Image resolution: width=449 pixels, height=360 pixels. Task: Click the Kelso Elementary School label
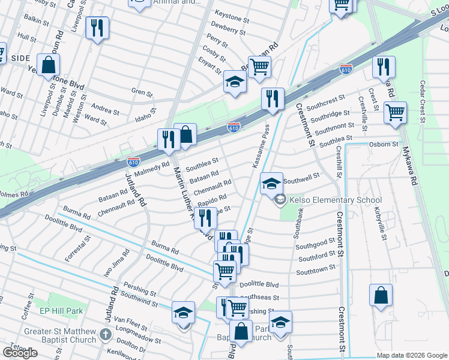click(x=336, y=200)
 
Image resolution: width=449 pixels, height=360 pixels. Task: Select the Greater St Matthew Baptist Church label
click(x=60, y=335)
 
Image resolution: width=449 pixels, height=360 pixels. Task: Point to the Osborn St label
click(x=384, y=145)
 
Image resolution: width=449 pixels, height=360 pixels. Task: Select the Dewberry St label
click(x=226, y=28)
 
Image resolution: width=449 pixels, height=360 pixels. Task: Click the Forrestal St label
click(x=78, y=248)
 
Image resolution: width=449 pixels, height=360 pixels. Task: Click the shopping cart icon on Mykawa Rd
click(x=395, y=112)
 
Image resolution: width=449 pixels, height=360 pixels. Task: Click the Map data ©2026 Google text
click(x=411, y=355)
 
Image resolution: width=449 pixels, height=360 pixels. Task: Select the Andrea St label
click(x=105, y=110)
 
